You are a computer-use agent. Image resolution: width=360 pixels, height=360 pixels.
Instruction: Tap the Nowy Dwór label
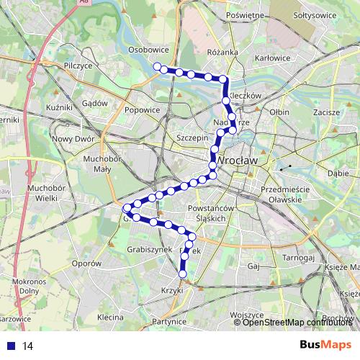(x=73, y=139)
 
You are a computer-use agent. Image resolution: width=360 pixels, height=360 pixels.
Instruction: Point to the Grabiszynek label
(x=150, y=249)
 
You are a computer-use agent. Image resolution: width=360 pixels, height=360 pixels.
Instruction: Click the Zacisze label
(x=326, y=112)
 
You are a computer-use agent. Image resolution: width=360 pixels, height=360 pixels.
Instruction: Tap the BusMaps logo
(x=325, y=346)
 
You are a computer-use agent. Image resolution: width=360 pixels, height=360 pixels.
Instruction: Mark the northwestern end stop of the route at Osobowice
(x=156, y=66)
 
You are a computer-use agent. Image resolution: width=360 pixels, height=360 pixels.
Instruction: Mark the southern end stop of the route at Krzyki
(x=182, y=274)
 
